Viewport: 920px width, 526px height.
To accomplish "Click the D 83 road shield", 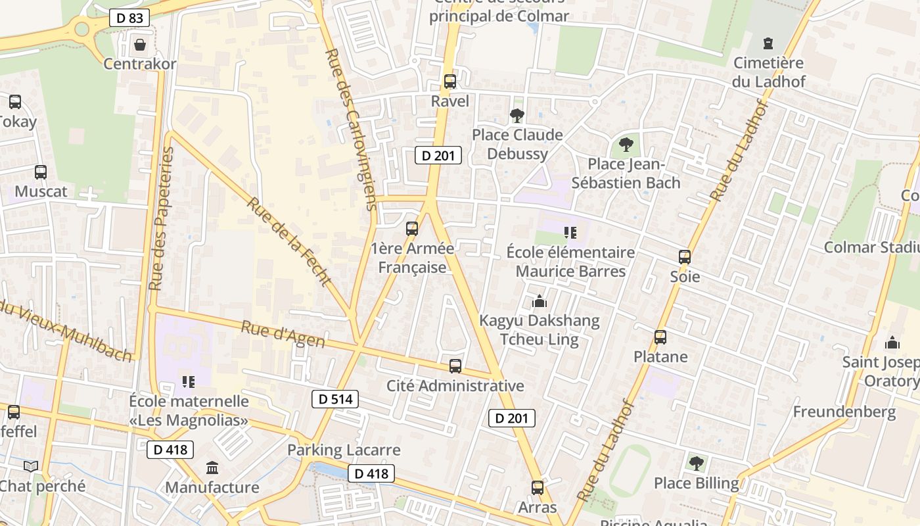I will click(x=129, y=18).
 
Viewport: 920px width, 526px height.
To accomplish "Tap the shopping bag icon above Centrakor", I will click(x=139, y=45).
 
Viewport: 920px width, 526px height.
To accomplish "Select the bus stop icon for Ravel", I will click(x=450, y=82).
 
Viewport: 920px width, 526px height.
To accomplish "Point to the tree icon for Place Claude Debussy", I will click(x=517, y=116).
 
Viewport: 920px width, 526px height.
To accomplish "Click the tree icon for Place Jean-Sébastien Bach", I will click(x=626, y=144).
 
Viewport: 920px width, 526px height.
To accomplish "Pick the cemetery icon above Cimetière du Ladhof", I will click(x=768, y=43).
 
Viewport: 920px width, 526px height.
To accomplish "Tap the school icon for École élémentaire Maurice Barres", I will click(x=570, y=232).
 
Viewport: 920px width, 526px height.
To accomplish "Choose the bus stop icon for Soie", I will click(x=685, y=257).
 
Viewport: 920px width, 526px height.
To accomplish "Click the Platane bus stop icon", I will click(x=660, y=337).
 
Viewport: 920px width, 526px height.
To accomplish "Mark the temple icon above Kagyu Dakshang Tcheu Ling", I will click(x=540, y=301).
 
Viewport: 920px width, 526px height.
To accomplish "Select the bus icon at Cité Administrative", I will click(x=455, y=366).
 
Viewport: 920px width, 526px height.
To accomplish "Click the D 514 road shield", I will click(x=335, y=398).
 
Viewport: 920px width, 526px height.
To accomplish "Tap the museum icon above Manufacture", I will click(x=212, y=468).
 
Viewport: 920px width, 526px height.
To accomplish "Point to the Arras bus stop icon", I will click(x=538, y=488).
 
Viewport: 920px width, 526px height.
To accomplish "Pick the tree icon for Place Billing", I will click(x=696, y=464).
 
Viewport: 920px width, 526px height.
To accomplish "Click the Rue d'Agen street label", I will click(x=283, y=334).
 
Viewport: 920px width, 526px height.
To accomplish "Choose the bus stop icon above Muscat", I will click(x=41, y=172).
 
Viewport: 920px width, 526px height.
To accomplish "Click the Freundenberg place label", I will click(x=844, y=412).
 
